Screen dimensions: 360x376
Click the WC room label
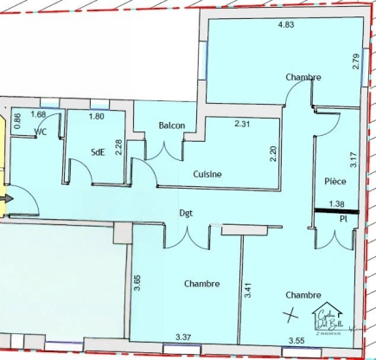point(41,132)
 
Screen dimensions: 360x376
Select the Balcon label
point(172,125)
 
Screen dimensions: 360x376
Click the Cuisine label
point(207,174)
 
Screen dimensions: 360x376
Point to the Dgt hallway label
point(186,212)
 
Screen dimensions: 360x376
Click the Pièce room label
point(335,182)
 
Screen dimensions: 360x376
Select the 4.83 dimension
point(285,24)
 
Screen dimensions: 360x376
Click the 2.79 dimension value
point(357,62)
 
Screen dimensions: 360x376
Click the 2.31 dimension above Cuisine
point(243,124)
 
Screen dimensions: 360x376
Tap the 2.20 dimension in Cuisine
point(273,156)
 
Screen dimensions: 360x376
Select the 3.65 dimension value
point(137,282)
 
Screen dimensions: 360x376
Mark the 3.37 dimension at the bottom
point(183,337)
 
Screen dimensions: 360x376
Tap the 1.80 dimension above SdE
point(97,115)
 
